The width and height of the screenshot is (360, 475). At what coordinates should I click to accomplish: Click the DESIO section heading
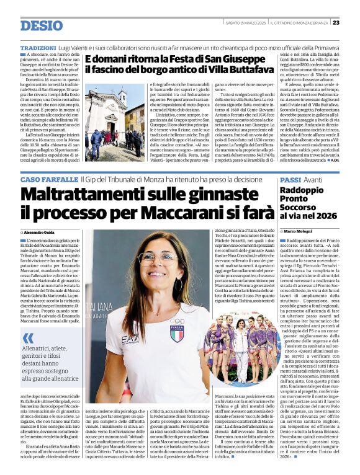41,25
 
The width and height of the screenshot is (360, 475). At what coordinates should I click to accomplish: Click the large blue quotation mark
27,339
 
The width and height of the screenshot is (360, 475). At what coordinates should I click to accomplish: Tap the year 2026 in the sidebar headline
325,215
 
